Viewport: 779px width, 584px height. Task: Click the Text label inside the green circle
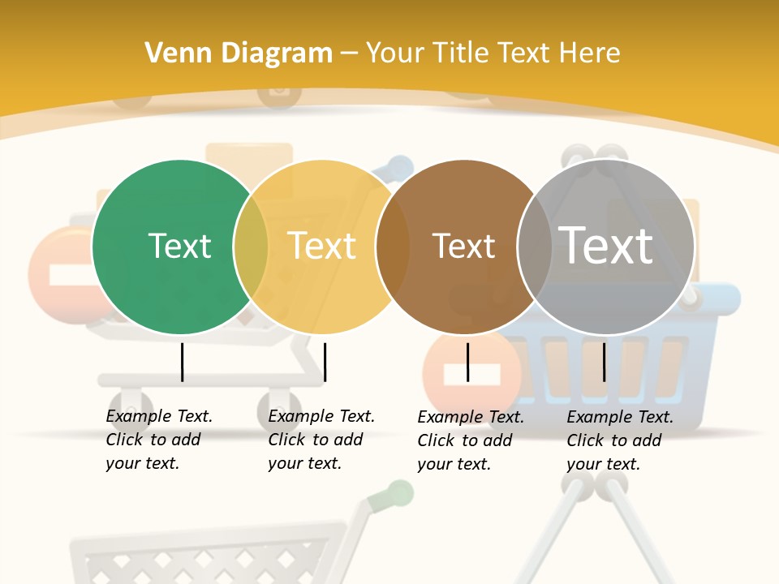tap(179, 246)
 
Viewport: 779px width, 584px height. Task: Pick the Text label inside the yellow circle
tap(322, 246)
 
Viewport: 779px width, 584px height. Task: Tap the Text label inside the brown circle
tap(463, 246)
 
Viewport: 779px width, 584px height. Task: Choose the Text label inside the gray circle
tap(606, 245)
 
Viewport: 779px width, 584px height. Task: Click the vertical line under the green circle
tap(182, 362)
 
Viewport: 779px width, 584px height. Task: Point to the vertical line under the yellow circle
tap(325, 362)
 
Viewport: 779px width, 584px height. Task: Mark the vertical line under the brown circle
tap(467, 362)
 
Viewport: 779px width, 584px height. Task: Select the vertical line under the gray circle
tap(604, 362)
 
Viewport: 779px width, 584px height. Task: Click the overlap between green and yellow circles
tap(251, 247)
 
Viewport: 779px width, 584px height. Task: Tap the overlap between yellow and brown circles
tap(393, 247)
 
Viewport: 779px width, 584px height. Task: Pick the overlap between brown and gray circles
tap(535, 247)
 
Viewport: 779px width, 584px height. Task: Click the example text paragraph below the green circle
tap(159, 440)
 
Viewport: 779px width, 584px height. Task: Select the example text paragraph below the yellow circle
tap(321, 440)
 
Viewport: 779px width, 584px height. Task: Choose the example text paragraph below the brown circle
tap(471, 440)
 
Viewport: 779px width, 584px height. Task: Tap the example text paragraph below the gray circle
tap(620, 440)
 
